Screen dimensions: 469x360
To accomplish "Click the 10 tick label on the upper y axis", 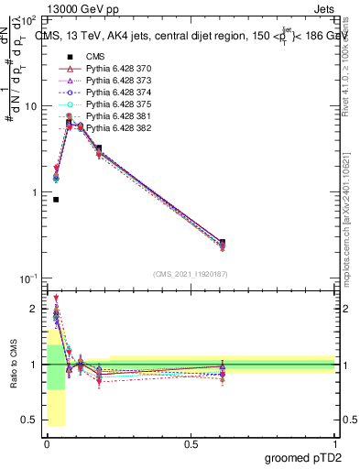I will click(x=29, y=106).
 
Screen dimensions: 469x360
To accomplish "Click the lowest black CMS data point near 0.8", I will click(x=56, y=199).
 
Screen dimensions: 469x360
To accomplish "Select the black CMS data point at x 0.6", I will click(x=223, y=243).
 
